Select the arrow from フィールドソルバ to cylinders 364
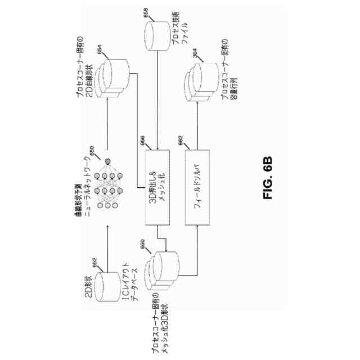click(x=198, y=124)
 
